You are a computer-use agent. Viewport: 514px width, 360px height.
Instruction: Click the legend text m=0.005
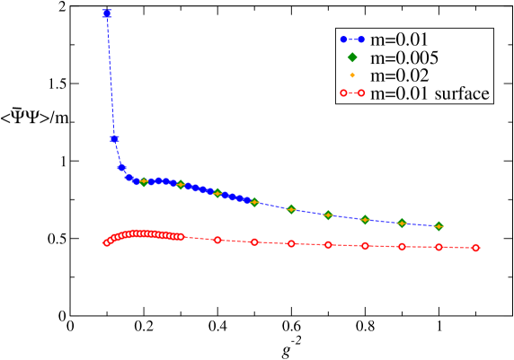(404, 57)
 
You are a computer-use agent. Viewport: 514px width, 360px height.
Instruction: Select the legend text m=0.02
(400, 75)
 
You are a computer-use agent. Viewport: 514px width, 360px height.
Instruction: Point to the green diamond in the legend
(352, 57)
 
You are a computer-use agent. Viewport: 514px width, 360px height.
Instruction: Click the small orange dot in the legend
(352, 75)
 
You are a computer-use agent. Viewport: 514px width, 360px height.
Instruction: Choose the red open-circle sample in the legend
(352, 93)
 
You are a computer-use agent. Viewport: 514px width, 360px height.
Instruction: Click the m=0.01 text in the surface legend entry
(396, 93)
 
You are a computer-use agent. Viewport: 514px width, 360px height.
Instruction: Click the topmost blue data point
(107, 13)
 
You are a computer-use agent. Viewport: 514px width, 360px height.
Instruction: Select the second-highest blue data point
(114, 139)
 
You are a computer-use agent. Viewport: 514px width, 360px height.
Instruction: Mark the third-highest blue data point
(121, 167)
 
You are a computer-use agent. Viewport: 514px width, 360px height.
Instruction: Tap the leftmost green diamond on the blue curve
(144, 182)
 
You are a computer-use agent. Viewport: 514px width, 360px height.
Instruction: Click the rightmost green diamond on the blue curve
(439, 226)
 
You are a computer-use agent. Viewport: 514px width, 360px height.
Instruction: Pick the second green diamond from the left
(181, 185)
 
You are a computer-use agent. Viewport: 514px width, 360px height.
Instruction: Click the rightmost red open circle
(475, 248)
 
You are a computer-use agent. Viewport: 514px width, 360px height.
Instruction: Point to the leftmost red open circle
(107, 242)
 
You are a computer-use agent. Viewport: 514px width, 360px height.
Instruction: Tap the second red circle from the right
(439, 247)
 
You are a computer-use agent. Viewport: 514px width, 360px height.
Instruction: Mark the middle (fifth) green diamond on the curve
(291, 209)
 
